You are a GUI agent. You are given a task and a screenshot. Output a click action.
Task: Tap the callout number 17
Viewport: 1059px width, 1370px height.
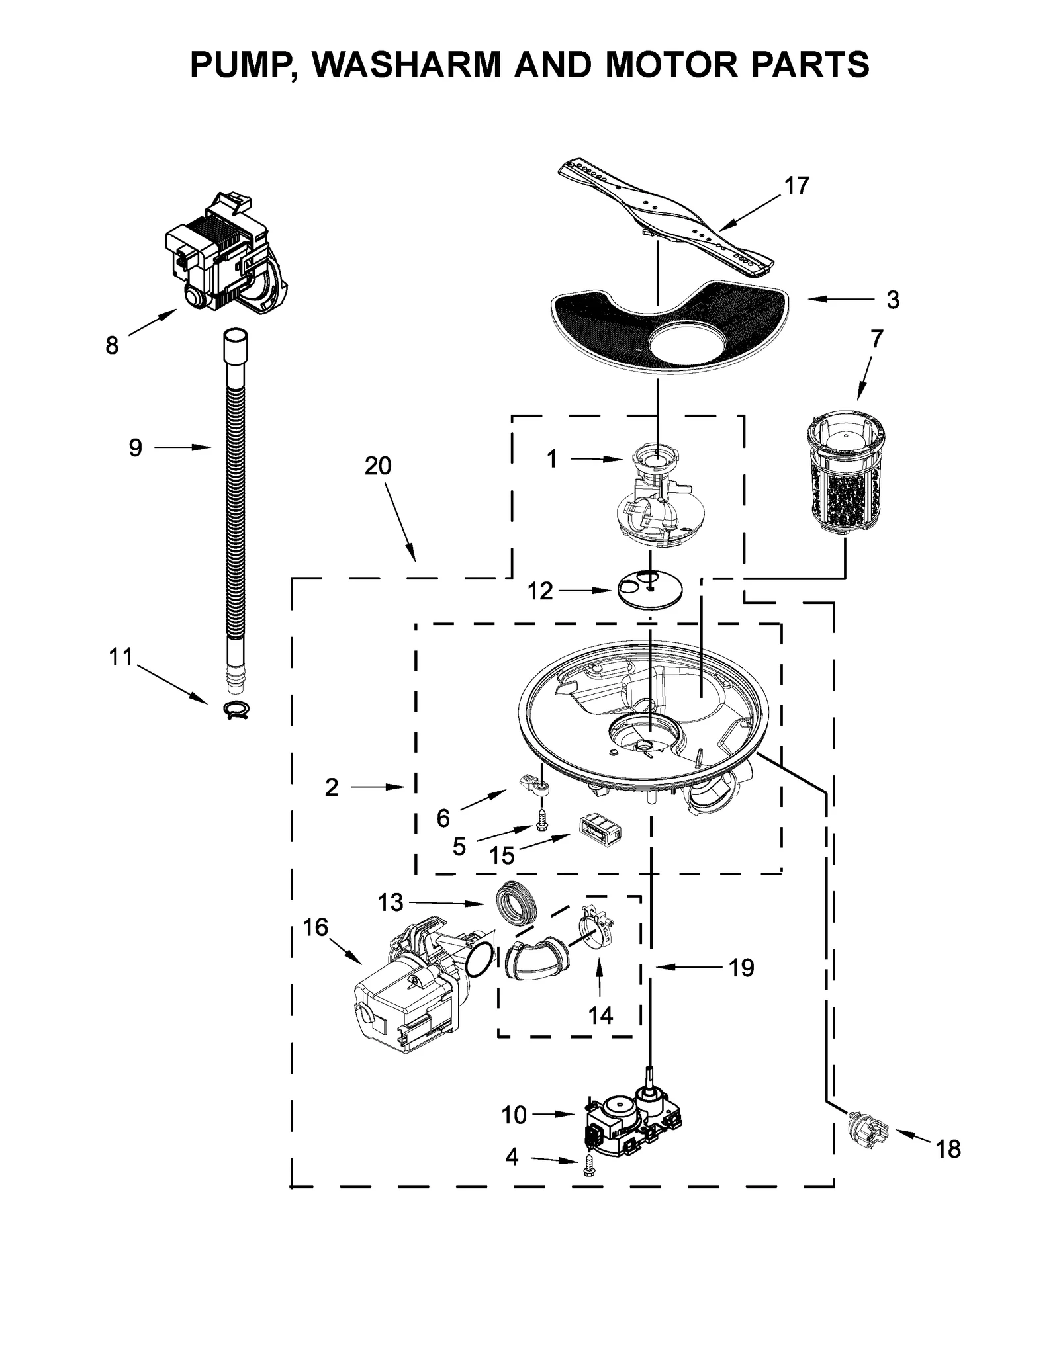pos(797,187)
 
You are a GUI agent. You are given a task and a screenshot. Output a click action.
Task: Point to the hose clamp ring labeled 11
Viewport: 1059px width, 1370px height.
pos(236,708)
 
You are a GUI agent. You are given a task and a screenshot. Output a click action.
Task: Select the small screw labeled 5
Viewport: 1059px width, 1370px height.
pos(542,820)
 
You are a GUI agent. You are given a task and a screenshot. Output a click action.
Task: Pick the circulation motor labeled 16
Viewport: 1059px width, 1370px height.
pos(410,989)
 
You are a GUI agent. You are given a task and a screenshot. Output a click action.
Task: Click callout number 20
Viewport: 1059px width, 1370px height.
pos(378,466)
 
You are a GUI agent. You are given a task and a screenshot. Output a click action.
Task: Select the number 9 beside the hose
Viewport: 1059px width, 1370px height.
pos(135,449)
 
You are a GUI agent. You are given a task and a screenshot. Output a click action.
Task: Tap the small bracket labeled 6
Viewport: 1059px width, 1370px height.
pos(532,785)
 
